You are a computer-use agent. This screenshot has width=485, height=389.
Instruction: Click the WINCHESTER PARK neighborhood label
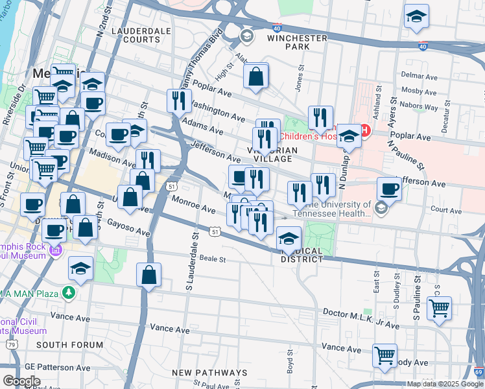(298, 43)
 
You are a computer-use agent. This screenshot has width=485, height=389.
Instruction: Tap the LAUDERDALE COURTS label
(136, 35)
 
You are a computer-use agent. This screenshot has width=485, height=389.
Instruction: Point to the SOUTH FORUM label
(69, 345)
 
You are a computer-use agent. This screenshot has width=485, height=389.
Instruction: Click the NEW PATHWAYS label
(209, 373)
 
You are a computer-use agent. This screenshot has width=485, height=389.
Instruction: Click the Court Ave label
(445, 210)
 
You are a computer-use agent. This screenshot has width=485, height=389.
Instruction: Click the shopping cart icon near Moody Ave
(385, 356)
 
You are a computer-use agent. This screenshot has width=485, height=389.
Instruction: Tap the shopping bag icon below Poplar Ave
(257, 77)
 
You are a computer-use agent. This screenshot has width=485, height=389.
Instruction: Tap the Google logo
(21, 381)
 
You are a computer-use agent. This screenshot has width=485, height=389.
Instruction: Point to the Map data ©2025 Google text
(445, 384)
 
